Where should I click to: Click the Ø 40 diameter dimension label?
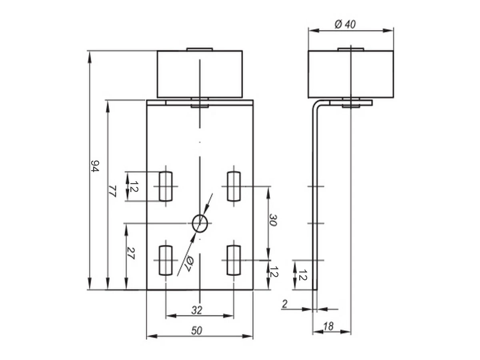tap(345, 24)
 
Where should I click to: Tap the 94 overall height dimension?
tap(95, 166)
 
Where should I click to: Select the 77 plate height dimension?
tap(112, 191)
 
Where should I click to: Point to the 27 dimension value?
tap(130, 253)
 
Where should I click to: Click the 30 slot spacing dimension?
tap(273, 220)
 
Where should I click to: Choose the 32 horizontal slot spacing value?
tap(197, 310)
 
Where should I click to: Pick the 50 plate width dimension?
tap(196, 331)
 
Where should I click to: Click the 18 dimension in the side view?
tap(328, 326)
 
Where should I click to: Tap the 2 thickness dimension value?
tap(284, 304)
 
